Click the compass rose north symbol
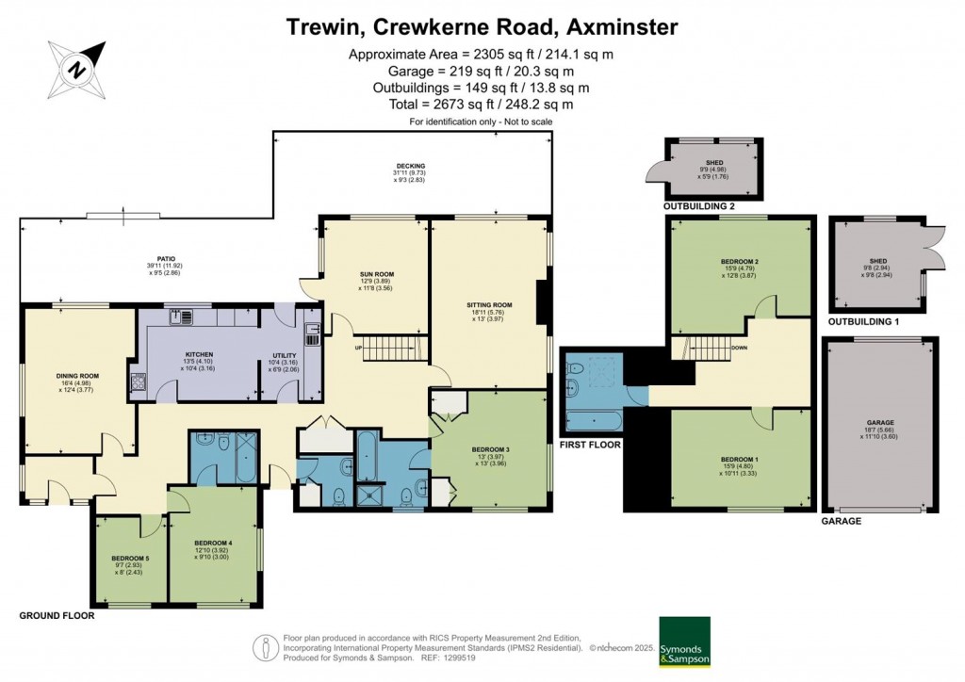point(79,68)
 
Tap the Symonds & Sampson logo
point(683,641)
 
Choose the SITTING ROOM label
point(489,305)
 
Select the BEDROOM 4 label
point(213,543)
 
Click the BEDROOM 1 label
point(739,459)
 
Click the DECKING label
point(410,166)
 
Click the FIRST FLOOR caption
point(590,444)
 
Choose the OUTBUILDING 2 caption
point(698,206)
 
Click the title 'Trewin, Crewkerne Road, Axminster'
point(482,26)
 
